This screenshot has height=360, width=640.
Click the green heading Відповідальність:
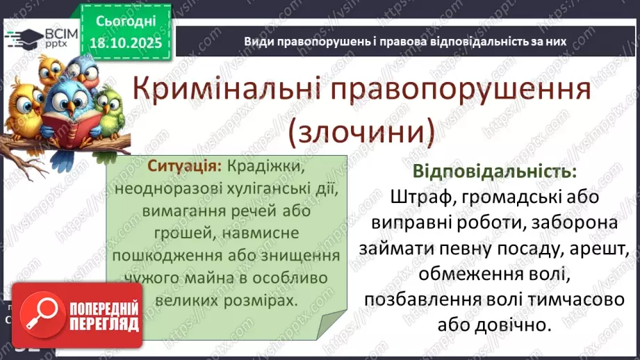click(494, 172)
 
